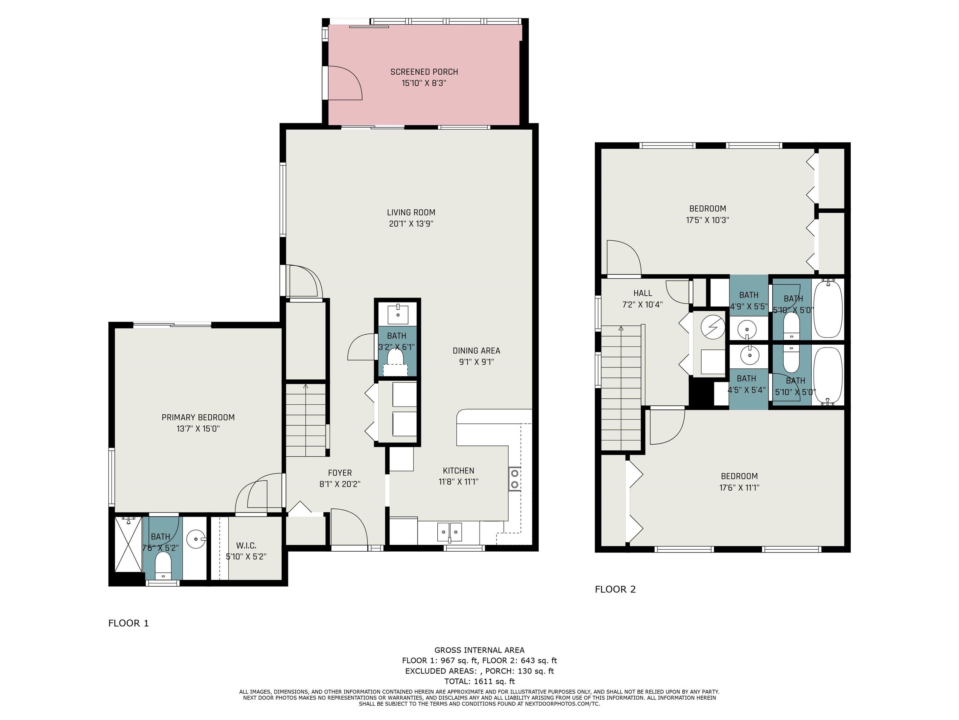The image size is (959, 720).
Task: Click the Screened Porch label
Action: (x=424, y=72)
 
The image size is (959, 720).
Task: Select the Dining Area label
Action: (x=476, y=351)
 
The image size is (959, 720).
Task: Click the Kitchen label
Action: (x=459, y=470)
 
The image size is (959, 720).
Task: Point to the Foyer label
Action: (x=340, y=472)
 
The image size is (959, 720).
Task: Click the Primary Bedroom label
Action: (x=198, y=417)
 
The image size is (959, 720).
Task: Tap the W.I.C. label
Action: (x=246, y=546)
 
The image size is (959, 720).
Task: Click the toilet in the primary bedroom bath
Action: (x=164, y=566)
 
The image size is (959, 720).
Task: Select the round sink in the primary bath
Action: (x=196, y=539)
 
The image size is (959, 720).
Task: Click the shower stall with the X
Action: (x=128, y=544)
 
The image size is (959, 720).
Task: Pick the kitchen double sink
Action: (x=450, y=532)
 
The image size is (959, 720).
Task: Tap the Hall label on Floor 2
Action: (x=642, y=293)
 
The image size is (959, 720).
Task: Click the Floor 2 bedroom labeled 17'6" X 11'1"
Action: (x=739, y=482)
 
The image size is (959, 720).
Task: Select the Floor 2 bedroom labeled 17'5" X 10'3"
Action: (x=708, y=214)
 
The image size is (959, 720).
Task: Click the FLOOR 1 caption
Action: (x=128, y=623)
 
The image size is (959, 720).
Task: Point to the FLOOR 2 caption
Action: (x=615, y=589)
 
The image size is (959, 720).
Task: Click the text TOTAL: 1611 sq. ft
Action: (x=479, y=681)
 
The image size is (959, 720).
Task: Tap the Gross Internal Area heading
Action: (x=479, y=650)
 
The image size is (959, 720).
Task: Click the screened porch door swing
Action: (x=345, y=83)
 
